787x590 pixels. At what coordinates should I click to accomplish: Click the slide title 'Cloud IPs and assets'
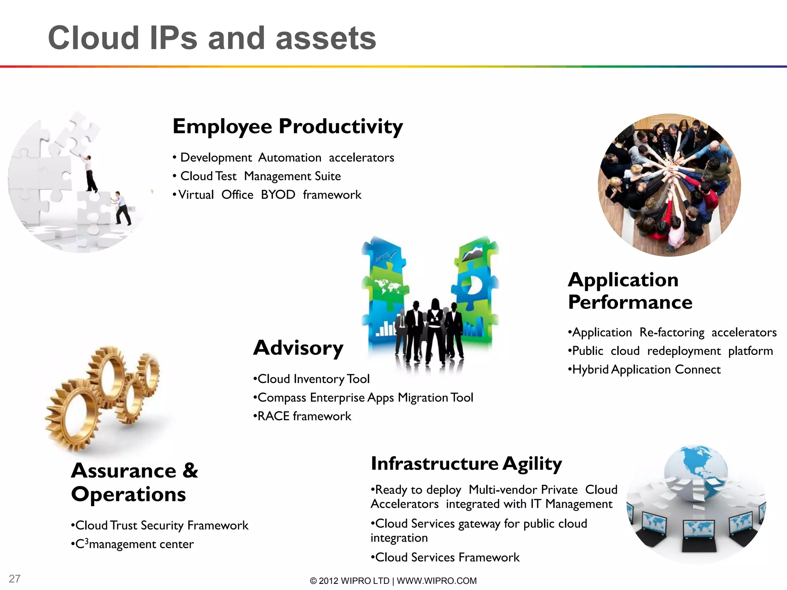(212, 38)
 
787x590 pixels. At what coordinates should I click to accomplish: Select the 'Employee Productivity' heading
(288, 126)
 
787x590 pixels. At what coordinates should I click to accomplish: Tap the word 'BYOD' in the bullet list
(278, 195)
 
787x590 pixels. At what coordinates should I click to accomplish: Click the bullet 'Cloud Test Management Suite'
(260, 176)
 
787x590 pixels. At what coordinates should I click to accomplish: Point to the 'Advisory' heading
(298, 348)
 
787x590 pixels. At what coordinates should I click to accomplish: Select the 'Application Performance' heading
(630, 291)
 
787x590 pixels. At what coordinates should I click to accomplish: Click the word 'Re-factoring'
(672, 333)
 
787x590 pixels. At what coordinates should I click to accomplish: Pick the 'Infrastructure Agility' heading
(466, 464)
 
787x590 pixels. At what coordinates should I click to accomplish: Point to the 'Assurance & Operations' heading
(134, 482)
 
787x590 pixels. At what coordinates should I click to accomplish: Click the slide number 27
(15, 578)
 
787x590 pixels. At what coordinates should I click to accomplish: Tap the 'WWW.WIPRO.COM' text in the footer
(437, 581)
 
